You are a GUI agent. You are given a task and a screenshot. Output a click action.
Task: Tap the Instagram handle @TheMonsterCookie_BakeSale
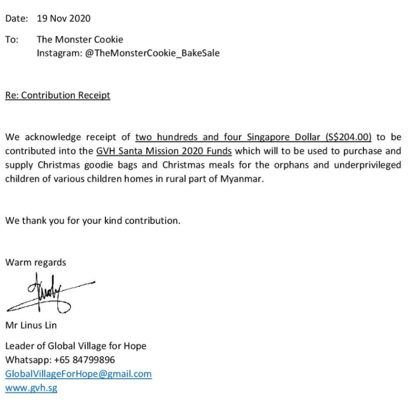click(128, 53)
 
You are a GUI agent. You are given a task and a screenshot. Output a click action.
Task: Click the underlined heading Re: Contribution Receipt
click(58, 95)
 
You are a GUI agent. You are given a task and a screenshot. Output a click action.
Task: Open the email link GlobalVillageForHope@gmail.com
click(78, 374)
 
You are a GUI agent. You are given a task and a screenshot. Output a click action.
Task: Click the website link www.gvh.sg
click(31, 388)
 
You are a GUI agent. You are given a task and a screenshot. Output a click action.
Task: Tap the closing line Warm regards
click(36, 263)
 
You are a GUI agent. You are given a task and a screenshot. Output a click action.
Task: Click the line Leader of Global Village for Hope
click(76, 346)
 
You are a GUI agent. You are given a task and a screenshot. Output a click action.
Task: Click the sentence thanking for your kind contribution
click(92, 220)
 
